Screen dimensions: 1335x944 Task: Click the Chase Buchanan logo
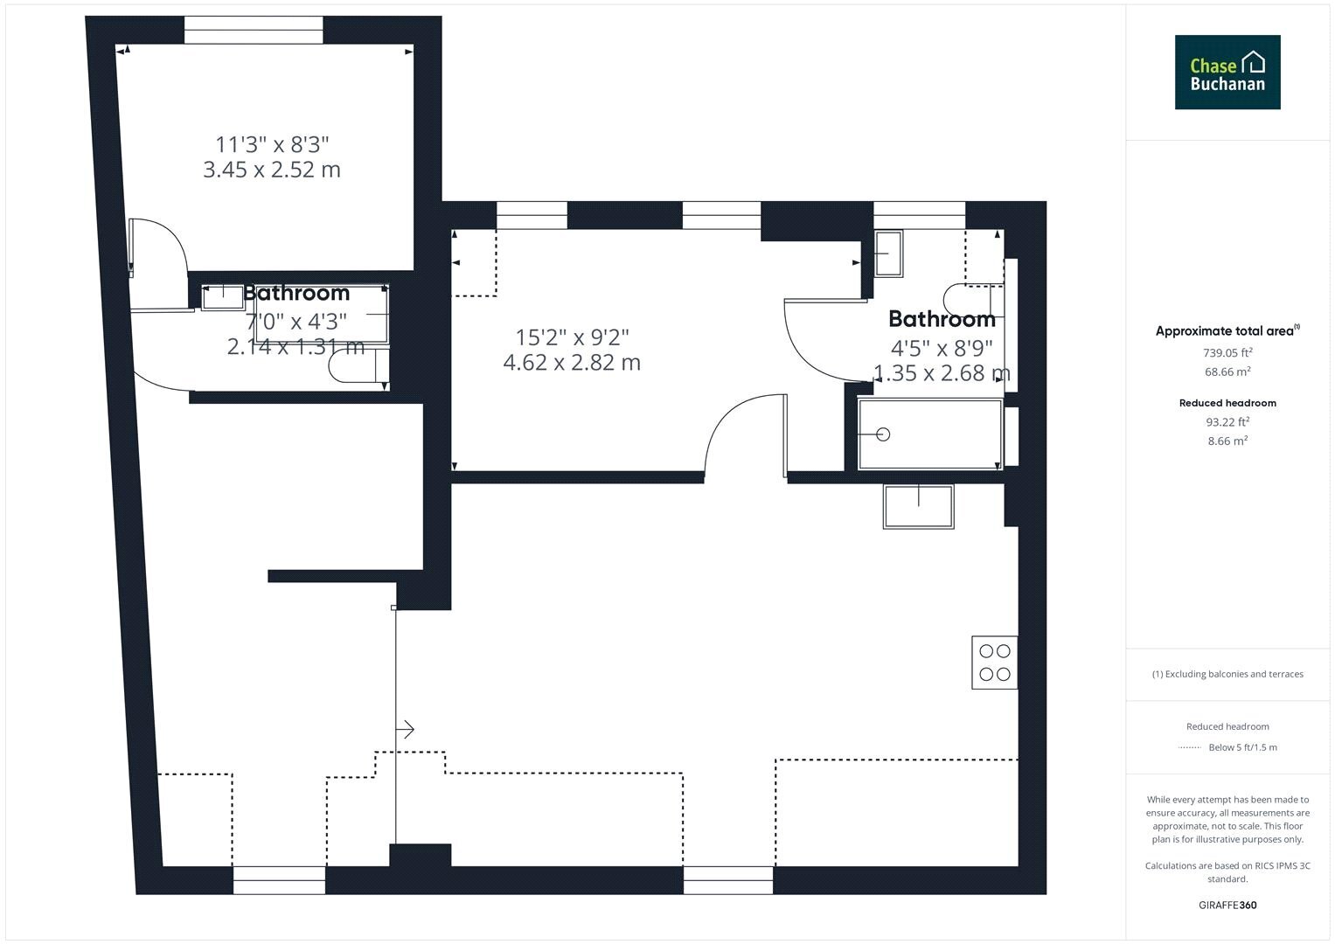pyautogui.click(x=1227, y=72)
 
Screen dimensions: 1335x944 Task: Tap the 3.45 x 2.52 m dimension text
pyautogui.click(x=272, y=170)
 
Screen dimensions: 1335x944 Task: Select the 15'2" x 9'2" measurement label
pyautogui.click(x=572, y=337)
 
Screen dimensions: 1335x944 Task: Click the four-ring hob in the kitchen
pyautogui.click(x=995, y=663)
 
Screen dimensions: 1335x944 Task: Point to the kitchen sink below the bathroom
pyautogui.click(x=918, y=507)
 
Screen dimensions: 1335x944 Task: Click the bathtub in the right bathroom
pyautogui.click(x=929, y=434)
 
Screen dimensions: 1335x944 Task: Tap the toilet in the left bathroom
pyautogui.click(x=358, y=365)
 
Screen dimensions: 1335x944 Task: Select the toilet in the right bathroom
pyautogui.click(x=974, y=301)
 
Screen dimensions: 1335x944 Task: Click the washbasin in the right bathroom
pyautogui.click(x=888, y=253)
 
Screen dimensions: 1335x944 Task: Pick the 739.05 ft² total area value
pyautogui.click(x=1227, y=352)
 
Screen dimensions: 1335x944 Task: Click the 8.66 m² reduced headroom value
pyautogui.click(x=1227, y=441)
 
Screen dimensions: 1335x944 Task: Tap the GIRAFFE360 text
pyautogui.click(x=1227, y=905)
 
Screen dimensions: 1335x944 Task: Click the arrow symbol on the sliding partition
pyautogui.click(x=406, y=729)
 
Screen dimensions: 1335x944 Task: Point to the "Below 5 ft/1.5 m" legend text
pyautogui.click(x=1242, y=747)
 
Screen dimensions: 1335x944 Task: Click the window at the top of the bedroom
pyautogui.click(x=254, y=30)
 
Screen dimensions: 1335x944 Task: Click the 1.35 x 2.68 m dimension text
pyautogui.click(x=942, y=373)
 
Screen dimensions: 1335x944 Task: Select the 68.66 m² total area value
pyautogui.click(x=1227, y=371)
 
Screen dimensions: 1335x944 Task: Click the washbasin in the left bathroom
pyautogui.click(x=223, y=297)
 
